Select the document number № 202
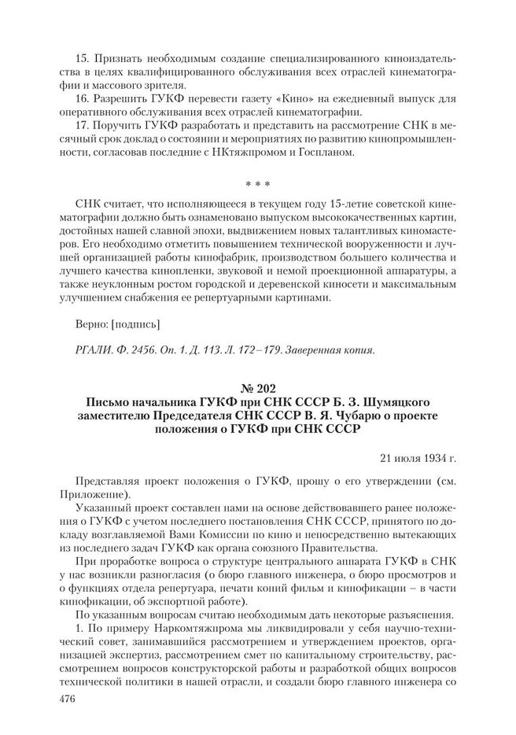258,388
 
